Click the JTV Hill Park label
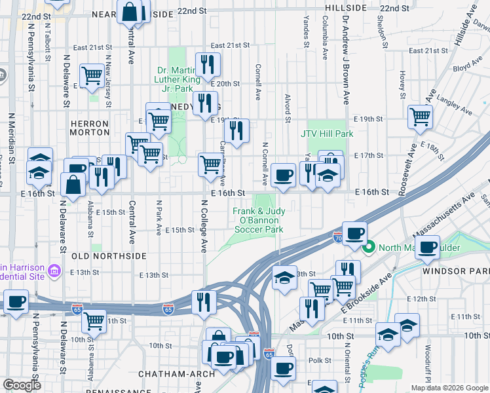click(x=327, y=134)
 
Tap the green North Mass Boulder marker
click(x=368, y=248)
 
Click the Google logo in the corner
click(x=22, y=385)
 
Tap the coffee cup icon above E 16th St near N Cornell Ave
click(x=283, y=175)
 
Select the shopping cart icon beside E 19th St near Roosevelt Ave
click(x=420, y=117)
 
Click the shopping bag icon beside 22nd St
click(x=130, y=10)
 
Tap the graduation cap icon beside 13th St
click(x=284, y=278)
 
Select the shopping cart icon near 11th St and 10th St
click(x=94, y=320)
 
